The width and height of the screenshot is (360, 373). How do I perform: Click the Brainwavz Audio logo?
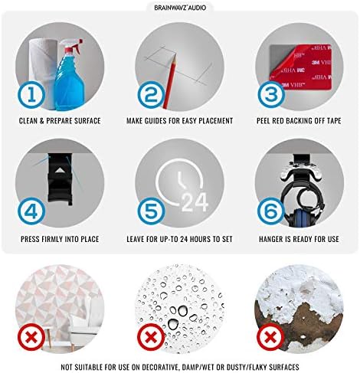point(180,8)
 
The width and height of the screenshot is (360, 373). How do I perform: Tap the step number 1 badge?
point(31,95)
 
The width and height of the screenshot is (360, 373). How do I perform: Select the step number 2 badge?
point(151,95)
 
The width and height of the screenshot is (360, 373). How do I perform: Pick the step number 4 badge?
point(31,211)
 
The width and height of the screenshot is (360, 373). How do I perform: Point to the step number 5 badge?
point(151,211)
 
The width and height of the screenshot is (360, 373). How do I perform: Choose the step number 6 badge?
point(271,211)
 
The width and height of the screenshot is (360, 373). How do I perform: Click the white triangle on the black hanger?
point(60,170)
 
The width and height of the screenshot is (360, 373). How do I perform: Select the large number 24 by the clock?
point(195,202)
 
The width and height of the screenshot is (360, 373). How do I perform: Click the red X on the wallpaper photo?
point(31,337)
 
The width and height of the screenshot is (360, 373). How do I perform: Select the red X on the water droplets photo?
point(151,337)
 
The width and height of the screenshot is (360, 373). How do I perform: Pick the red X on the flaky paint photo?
point(271,337)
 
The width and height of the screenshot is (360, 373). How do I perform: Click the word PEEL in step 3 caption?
point(263,121)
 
